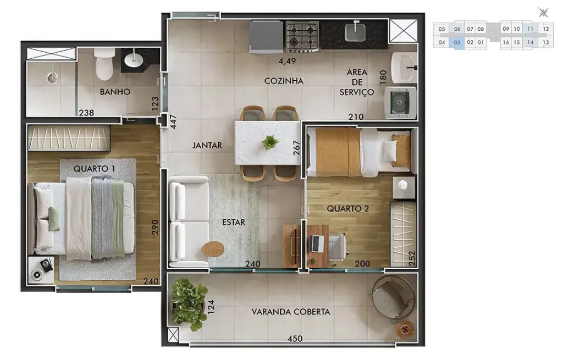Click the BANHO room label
[115, 92]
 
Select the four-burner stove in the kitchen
[302, 36]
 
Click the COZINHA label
[284, 81]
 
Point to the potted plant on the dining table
[270, 142]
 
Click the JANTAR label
[207, 146]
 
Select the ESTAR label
[234, 222]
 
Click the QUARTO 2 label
[347, 208]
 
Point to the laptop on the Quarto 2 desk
[317, 242]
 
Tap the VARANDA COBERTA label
[291, 312]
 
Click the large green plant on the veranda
[189, 303]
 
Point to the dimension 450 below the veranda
[295, 339]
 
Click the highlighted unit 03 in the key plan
[456, 42]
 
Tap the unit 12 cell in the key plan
[545, 29]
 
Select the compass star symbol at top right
[543, 12]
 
